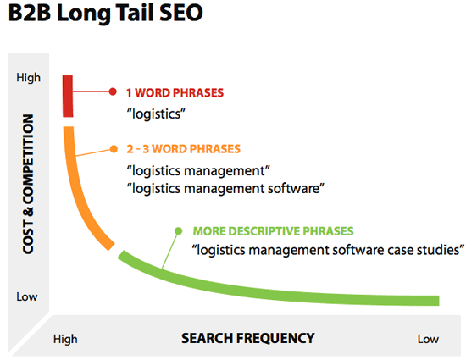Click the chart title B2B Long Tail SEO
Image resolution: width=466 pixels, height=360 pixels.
coord(106,13)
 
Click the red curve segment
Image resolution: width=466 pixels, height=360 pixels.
coord(68,97)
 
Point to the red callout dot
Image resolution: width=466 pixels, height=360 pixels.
coord(113,91)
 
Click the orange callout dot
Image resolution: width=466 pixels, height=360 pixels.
coord(114,149)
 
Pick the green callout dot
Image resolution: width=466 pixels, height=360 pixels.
coord(178,230)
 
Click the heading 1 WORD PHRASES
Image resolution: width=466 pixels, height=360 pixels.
coord(175,93)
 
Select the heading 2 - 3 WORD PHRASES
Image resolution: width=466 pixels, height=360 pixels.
coord(183,149)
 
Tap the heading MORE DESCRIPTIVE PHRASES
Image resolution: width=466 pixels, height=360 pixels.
coord(273,231)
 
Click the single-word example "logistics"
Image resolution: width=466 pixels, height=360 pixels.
coord(156,114)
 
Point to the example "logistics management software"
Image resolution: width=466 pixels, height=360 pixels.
coord(225,188)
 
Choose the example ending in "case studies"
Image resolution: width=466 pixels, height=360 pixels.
coord(328,250)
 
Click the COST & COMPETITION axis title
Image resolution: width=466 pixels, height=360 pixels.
coord(28,184)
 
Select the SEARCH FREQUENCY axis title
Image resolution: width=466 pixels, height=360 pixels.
coord(248,338)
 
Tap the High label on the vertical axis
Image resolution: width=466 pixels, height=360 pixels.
coord(28,78)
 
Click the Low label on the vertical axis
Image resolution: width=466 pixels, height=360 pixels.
coord(27,296)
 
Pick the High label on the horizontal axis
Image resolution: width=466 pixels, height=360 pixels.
coord(65,339)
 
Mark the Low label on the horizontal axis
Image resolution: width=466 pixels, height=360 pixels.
coord(428,339)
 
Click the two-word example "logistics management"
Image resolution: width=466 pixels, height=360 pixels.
coord(198,171)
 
